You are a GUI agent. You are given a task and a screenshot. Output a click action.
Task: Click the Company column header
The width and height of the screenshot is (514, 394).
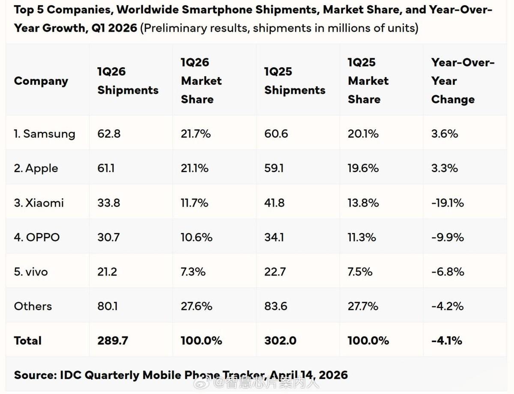pos(41,81)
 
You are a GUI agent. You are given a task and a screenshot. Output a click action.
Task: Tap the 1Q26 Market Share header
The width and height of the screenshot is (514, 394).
pos(201,81)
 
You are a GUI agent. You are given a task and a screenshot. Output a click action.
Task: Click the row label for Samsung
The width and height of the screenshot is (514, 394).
pos(44,134)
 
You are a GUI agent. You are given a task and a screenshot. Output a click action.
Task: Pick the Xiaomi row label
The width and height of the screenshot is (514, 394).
pos(39,203)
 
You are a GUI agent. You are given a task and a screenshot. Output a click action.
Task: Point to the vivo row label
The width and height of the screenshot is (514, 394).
pos(31,272)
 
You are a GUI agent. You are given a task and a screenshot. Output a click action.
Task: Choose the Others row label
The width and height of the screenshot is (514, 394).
pos(33,306)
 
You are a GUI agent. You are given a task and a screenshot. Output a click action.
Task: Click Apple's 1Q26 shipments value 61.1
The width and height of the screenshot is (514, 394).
pos(107,168)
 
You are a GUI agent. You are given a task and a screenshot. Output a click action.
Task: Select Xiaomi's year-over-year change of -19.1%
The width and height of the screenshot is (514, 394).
pos(447,203)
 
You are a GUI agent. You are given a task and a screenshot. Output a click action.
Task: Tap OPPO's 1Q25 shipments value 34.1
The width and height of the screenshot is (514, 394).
pos(274,237)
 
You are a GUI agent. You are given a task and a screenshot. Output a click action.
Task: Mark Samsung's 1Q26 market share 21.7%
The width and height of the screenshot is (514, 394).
pos(196,134)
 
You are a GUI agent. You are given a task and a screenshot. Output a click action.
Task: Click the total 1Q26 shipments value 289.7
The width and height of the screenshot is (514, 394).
pos(112,341)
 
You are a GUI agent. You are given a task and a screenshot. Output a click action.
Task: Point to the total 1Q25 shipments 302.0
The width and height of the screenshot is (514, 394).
pos(280,341)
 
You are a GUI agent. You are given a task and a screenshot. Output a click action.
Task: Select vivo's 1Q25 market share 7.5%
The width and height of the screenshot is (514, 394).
pos(360,272)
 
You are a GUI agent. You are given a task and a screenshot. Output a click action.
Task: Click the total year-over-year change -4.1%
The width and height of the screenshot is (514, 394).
pos(447,341)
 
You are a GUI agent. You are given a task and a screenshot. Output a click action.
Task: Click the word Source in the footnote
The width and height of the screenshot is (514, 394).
pos(33,375)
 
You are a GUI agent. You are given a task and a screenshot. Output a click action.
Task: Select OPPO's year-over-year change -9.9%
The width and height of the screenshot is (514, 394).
pos(447,237)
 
